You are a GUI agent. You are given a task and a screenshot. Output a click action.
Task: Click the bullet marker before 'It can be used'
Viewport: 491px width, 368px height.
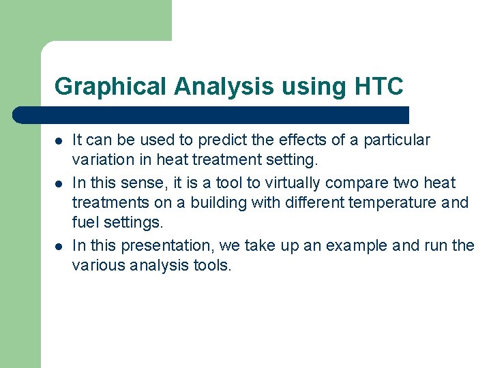[x=59, y=141]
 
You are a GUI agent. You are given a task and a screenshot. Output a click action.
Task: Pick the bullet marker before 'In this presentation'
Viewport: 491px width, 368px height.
[x=59, y=246]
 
